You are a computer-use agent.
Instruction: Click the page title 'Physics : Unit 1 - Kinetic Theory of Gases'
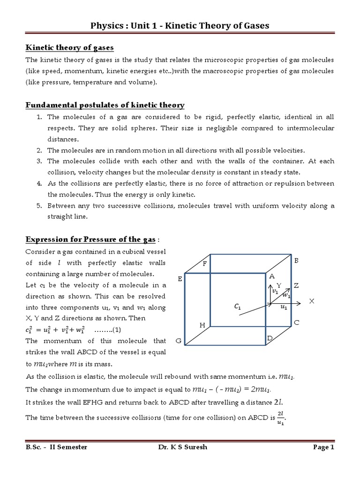coord(180,25)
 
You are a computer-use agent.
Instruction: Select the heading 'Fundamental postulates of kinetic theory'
coord(105,105)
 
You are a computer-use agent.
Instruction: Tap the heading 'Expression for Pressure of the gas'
coord(90,240)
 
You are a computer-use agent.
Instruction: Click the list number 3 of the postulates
coord(39,161)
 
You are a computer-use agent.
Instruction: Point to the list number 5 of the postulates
coord(39,206)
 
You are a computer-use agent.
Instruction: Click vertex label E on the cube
coord(179,279)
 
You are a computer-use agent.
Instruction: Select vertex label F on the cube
coord(204,264)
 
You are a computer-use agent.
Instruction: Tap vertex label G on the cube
coord(179,342)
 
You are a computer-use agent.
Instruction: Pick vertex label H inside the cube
coord(202,325)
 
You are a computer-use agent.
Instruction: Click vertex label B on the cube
coord(296,260)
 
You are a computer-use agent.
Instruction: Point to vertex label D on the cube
coord(270,338)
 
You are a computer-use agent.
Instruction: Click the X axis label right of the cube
coord(311,301)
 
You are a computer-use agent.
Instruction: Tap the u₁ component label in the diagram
coord(284,307)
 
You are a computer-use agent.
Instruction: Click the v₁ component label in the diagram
coord(275,291)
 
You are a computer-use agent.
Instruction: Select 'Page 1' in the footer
coord(323,447)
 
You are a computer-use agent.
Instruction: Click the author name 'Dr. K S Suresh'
coord(183,447)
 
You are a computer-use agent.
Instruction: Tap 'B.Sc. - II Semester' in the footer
coord(57,447)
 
